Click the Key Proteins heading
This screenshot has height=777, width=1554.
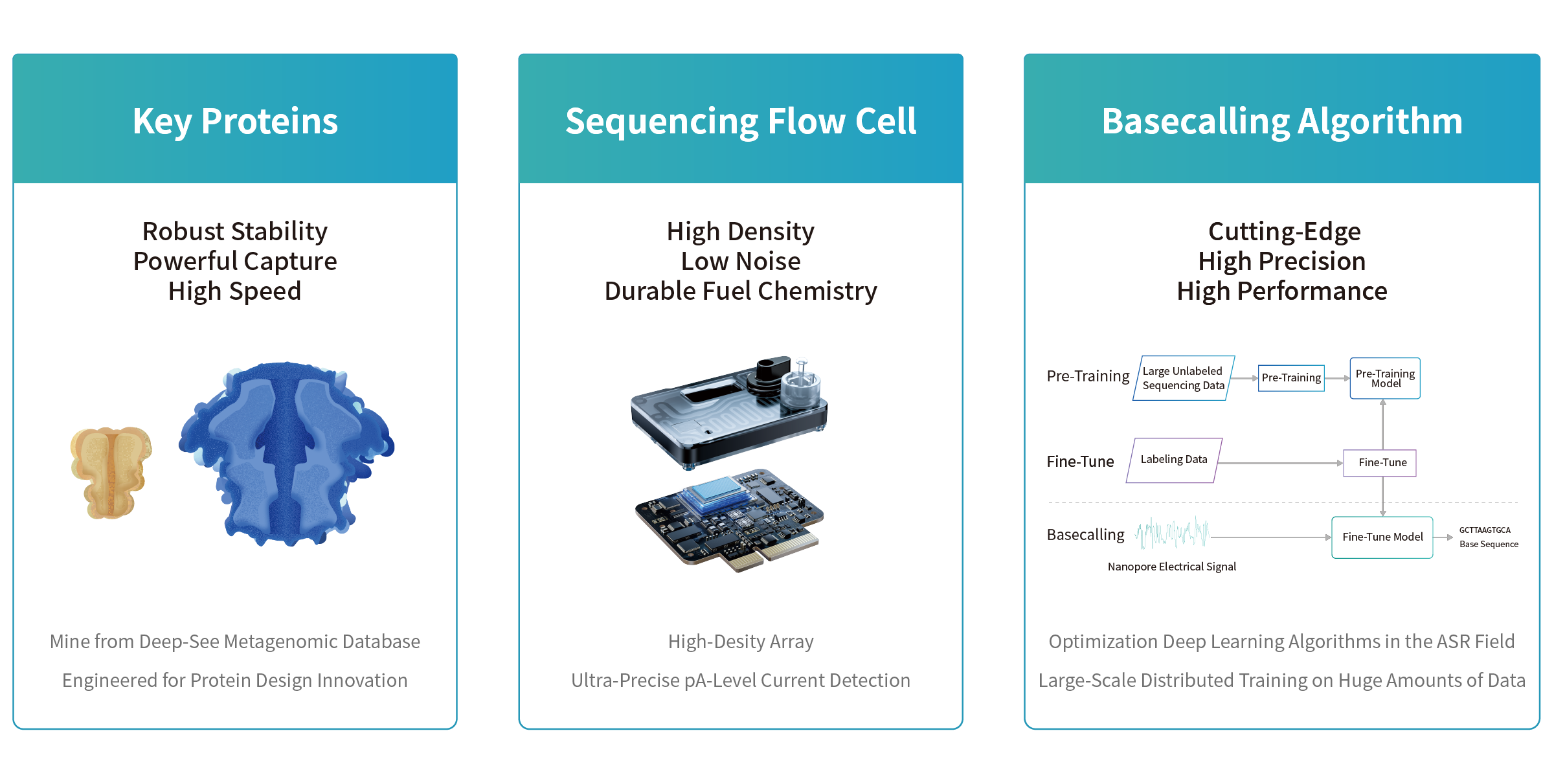pyautogui.click(x=235, y=121)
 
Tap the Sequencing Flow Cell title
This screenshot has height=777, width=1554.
pyautogui.click(x=740, y=121)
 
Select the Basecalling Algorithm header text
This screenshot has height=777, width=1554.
pyautogui.click(x=1282, y=121)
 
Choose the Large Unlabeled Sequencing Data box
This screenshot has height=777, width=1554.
pyautogui.click(x=1183, y=378)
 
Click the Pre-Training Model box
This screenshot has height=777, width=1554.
pyautogui.click(x=1385, y=378)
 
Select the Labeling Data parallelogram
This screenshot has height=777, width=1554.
pyautogui.click(x=1174, y=460)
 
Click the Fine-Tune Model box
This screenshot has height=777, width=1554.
pyautogui.click(x=1382, y=537)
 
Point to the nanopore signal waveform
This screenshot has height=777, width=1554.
pyautogui.click(x=1172, y=533)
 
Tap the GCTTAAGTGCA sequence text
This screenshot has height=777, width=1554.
pyautogui.click(x=1485, y=530)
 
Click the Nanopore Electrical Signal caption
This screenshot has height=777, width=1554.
pyautogui.click(x=1171, y=567)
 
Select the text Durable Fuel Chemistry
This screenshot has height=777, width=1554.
pyautogui.click(x=740, y=291)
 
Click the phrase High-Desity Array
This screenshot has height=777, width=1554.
pyautogui.click(x=740, y=642)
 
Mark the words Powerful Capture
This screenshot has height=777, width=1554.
pyautogui.click(x=235, y=262)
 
